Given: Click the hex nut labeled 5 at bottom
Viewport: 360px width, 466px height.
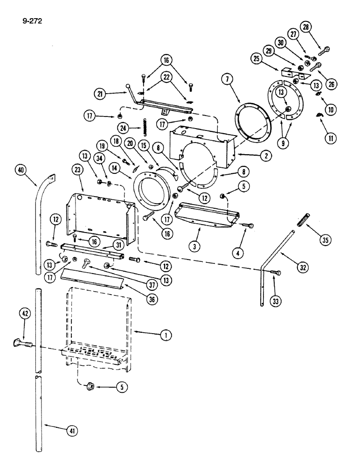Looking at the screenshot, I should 88,386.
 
